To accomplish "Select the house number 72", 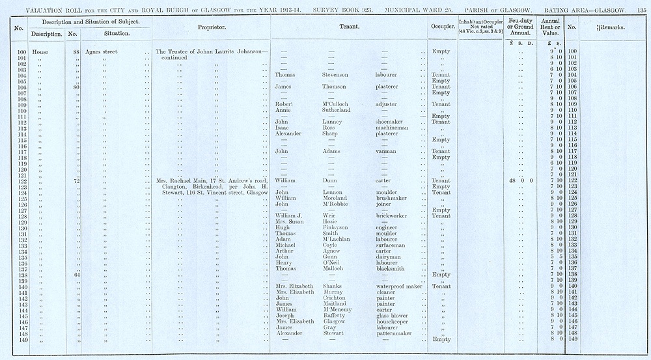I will (x=76, y=180).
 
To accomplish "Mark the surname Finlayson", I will (x=337, y=228).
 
